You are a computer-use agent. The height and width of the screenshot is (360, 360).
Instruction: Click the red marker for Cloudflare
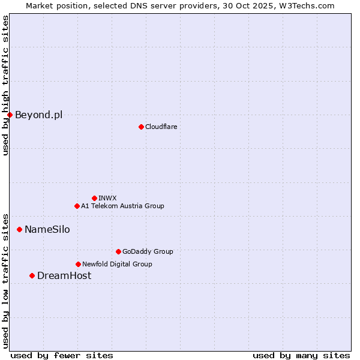[x=141, y=127]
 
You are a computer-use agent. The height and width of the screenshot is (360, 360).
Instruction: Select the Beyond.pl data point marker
[x=10, y=115]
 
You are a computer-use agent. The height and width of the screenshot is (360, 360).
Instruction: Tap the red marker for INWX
[x=94, y=198]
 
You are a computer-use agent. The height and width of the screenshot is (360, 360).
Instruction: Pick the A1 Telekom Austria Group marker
[x=77, y=206]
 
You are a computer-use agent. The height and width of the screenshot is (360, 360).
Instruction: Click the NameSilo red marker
[x=19, y=229]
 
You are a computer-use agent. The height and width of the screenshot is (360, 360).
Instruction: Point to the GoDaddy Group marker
[x=118, y=251]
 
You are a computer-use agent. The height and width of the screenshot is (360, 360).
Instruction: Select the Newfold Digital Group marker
[x=78, y=264]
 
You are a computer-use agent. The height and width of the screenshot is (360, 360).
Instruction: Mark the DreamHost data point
[x=32, y=275]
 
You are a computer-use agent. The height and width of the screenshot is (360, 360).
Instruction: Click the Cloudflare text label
[x=161, y=127]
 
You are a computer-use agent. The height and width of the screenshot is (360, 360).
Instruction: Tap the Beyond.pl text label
[x=38, y=115]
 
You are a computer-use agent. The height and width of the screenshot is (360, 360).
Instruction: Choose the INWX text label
[x=107, y=198]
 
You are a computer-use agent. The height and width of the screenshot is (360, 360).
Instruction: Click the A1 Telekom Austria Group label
[x=122, y=206]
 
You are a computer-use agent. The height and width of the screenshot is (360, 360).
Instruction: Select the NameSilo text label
[x=47, y=229]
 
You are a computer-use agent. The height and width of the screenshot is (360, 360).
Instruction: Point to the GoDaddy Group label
[x=148, y=251]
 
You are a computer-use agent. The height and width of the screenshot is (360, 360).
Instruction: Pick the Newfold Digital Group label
[x=117, y=264]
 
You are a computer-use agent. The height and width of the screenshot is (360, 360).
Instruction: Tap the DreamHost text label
[x=64, y=275]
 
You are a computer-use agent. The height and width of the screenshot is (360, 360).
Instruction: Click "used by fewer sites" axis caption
[x=62, y=355]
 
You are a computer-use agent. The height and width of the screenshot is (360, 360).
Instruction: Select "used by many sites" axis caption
[x=301, y=355]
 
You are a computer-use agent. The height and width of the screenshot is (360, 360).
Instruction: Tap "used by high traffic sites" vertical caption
[x=5, y=85]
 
